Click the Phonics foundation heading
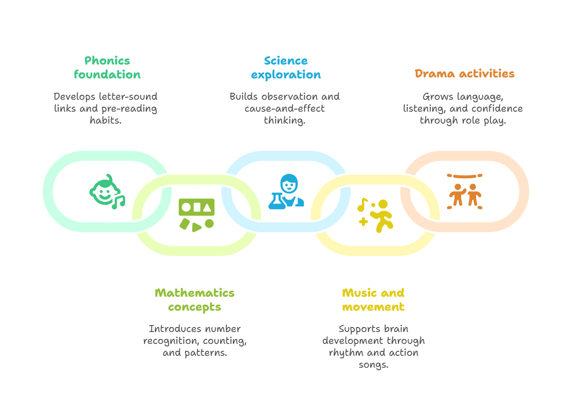coord(107,67)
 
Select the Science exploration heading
coord(286,67)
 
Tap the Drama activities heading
coord(465,73)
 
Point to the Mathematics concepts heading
coord(195,300)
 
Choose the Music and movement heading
coord(373,300)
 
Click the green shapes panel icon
coord(197,214)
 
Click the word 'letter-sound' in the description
coord(128,96)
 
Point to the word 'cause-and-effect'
coord(284,108)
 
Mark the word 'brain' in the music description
coord(396,328)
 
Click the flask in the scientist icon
coord(276,200)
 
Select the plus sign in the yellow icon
coord(363,221)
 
